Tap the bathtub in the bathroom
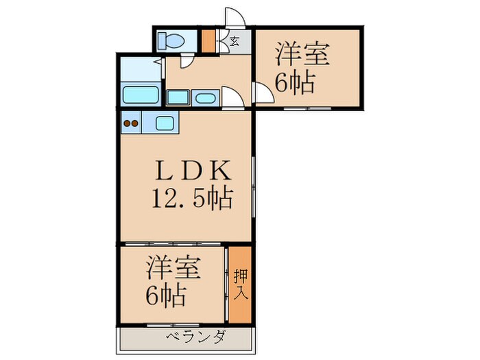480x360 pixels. (140, 95)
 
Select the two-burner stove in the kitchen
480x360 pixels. (131, 124)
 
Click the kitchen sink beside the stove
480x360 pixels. (165, 124)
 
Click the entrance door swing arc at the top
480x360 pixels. (235, 19)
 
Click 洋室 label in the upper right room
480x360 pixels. (303, 53)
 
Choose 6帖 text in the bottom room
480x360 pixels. (165, 296)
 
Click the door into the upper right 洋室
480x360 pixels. (261, 93)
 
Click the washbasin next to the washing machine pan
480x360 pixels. (205, 97)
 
